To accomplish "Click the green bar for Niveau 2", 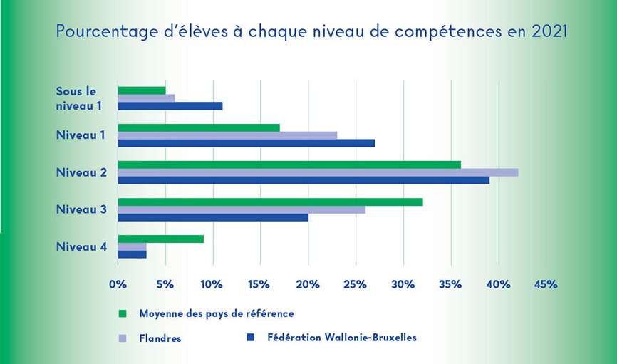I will pos(289,165).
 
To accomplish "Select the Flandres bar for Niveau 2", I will pos(318,172).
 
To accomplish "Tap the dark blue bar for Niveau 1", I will pos(246,143).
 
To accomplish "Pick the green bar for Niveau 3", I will pos(270,202).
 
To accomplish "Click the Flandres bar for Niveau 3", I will pos(242,209).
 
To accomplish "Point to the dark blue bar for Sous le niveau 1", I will pos(170,106).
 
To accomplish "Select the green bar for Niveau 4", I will pos(160,239).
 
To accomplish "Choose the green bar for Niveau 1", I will pos(199,128).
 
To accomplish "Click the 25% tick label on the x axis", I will pos(355,284).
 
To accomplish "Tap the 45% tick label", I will pos(545,284).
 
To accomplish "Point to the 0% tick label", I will pos(117,284).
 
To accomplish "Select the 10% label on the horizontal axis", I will pos(212,284).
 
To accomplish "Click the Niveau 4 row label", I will pos(82,246).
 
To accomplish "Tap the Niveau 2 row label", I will pos(82,172).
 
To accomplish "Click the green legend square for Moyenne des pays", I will pos(122,313).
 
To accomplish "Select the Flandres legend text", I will pos(160,338).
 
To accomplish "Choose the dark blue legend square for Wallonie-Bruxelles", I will pos(250,337).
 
